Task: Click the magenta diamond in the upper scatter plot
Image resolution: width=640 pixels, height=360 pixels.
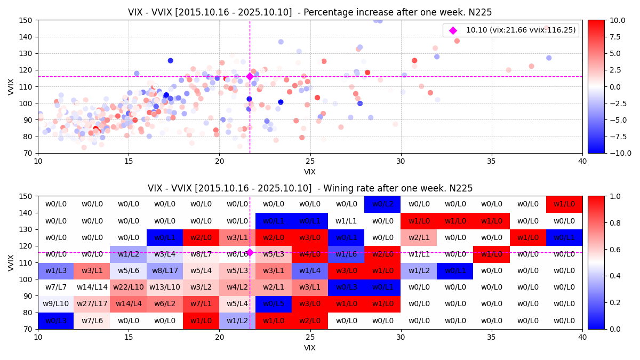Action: coord(250,77)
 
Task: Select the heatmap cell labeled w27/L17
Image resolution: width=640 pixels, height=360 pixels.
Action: coord(92,304)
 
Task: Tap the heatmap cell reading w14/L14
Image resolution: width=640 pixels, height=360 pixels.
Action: coord(92,287)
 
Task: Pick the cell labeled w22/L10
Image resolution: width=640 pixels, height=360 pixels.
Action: coord(129,287)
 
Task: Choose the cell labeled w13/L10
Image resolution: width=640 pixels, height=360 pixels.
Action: coord(165,287)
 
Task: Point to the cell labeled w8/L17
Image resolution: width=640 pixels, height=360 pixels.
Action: coord(165,271)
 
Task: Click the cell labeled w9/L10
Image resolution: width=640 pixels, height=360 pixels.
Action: coord(56,304)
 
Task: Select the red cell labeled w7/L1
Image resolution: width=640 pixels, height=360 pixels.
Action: coord(201,304)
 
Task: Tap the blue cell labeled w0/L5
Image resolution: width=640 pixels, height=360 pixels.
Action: coord(274,304)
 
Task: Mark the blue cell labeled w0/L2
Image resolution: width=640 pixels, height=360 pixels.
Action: coord(382,204)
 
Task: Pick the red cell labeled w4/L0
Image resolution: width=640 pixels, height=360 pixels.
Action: coord(310,254)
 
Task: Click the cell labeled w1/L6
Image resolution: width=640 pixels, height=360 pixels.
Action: coord(346,254)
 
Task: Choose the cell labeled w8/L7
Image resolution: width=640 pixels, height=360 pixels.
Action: coord(201,254)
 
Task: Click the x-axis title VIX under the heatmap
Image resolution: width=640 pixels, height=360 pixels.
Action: coord(310,348)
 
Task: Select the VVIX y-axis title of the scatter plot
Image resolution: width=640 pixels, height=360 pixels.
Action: coord(11,86)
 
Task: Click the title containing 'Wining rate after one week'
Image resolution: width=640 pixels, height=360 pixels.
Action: coord(310,188)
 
